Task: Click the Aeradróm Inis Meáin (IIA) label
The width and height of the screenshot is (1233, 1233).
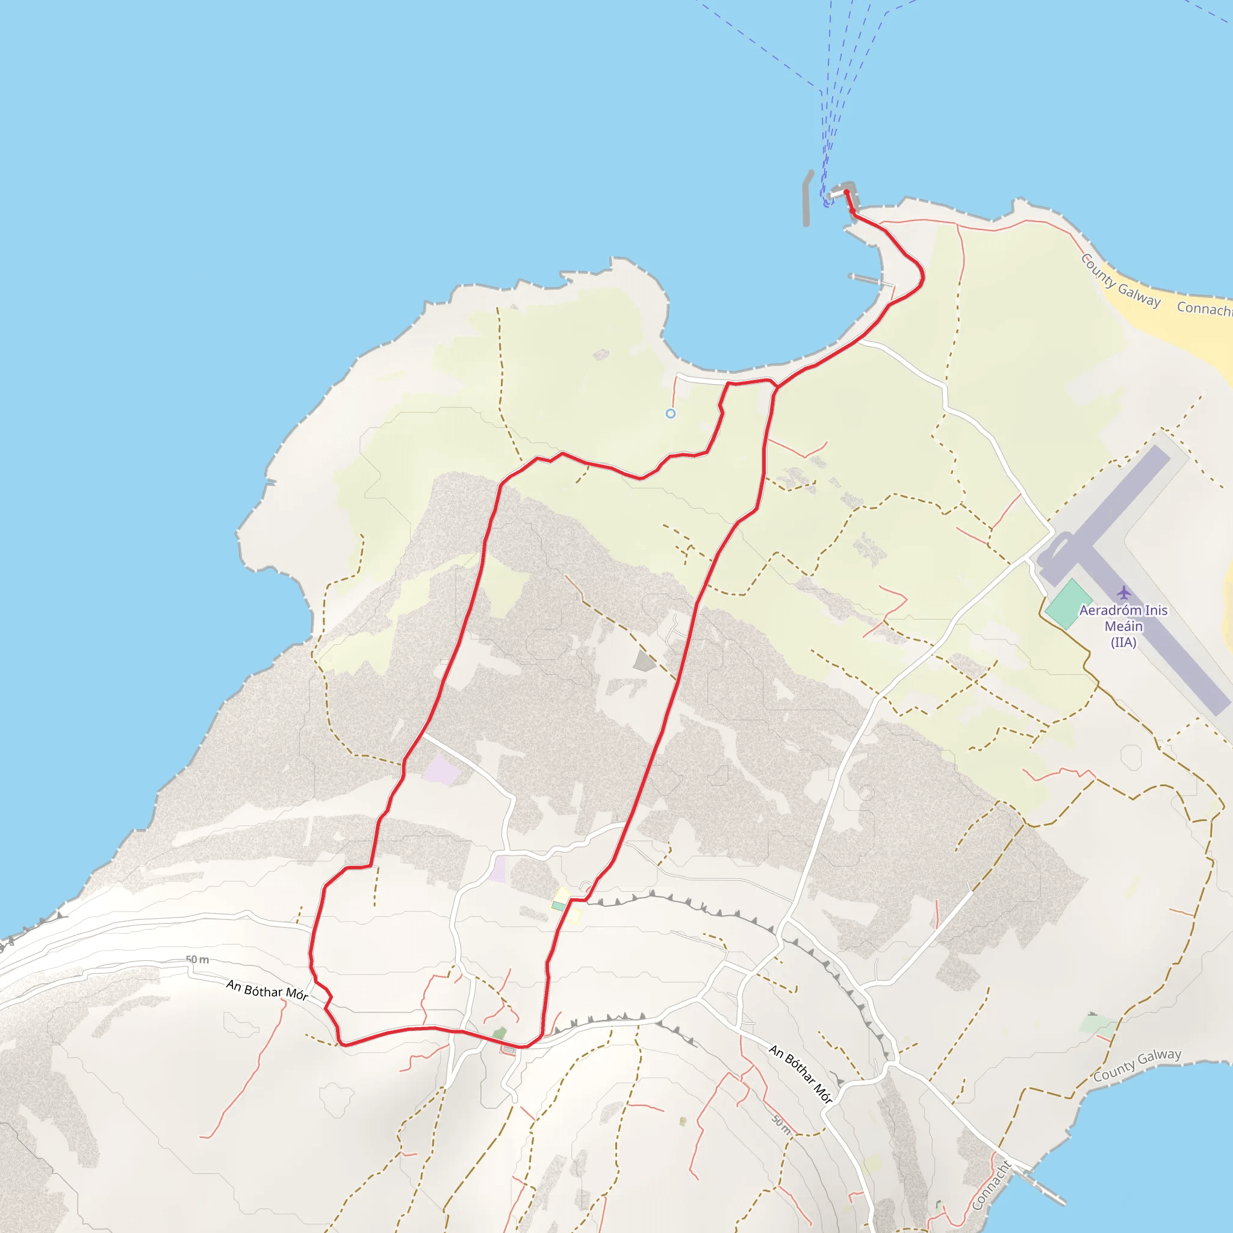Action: click(1123, 626)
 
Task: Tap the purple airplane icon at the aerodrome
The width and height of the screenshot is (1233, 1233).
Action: click(1124, 593)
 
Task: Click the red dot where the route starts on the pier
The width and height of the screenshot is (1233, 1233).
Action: click(846, 191)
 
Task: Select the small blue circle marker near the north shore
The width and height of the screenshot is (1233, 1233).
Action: click(670, 414)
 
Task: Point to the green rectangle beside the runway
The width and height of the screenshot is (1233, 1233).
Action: click(1067, 604)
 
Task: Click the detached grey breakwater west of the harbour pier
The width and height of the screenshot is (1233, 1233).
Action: click(807, 198)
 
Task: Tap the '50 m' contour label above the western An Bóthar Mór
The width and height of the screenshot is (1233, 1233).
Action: click(197, 960)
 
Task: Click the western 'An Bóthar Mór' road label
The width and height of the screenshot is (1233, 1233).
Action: click(267, 990)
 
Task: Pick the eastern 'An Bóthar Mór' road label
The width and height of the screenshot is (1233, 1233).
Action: click(800, 1073)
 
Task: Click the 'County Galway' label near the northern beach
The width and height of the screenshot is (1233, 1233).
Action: click(1120, 281)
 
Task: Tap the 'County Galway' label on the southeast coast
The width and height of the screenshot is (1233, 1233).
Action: click(1137, 1065)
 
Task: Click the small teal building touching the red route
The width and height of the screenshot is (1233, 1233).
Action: click(559, 906)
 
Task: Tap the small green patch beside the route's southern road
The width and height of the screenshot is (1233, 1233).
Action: click(499, 1033)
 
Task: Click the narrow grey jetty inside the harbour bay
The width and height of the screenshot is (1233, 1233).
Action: click(872, 280)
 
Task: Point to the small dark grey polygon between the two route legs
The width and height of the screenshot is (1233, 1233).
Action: click(645, 660)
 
